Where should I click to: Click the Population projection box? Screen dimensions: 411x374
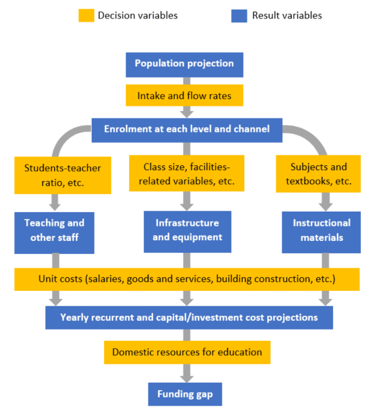click(x=184, y=64)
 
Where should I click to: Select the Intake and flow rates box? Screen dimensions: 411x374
click(x=184, y=96)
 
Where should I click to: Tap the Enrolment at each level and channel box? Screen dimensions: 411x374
click(x=187, y=129)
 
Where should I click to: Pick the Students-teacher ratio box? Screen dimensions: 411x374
click(x=62, y=175)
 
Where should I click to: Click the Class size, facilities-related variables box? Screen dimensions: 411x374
click(x=186, y=174)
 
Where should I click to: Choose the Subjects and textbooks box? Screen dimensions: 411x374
click(x=318, y=174)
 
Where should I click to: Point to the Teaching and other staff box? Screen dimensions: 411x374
click(x=54, y=230)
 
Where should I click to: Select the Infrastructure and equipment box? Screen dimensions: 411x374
click(x=187, y=230)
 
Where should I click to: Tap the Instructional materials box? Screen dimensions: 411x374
click(x=321, y=231)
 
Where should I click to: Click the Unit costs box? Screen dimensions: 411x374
click(x=187, y=279)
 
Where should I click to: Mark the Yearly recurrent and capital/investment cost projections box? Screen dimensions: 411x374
click(x=189, y=318)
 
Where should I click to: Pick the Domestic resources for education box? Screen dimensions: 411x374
click(x=187, y=352)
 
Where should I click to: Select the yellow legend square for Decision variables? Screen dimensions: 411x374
click(x=86, y=16)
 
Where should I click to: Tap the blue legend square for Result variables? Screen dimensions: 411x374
click(x=239, y=16)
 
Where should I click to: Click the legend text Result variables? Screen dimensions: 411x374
click(x=287, y=16)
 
